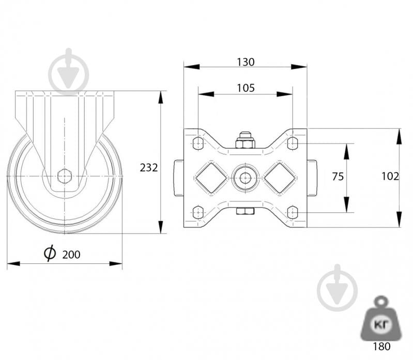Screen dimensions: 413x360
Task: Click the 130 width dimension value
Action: click(x=246, y=62)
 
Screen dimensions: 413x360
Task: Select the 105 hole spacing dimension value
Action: click(x=246, y=88)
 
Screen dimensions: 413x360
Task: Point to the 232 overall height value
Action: click(x=148, y=168)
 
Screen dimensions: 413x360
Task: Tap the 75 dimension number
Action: click(x=338, y=177)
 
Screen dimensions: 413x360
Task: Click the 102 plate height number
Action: click(x=390, y=176)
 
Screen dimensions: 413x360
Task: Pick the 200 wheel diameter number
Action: click(x=71, y=255)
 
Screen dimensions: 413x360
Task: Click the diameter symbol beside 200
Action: click(x=50, y=253)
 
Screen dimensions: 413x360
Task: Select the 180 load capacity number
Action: click(x=381, y=347)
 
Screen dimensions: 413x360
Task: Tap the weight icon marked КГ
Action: click(x=381, y=319)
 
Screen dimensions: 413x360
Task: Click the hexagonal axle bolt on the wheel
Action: click(x=65, y=176)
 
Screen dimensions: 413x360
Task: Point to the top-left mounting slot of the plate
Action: click(x=198, y=143)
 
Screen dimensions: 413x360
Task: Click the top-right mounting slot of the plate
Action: click(x=293, y=143)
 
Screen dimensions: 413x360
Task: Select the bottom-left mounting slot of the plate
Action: click(x=198, y=212)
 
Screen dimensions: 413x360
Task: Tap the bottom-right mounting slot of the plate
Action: click(x=293, y=212)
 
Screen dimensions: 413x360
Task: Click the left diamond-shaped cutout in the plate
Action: click(x=211, y=178)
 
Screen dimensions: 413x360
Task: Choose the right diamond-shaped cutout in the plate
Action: click(x=280, y=178)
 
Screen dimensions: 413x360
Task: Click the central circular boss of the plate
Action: click(x=245, y=178)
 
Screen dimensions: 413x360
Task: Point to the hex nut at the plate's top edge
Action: click(x=245, y=140)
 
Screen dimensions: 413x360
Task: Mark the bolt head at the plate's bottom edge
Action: click(x=245, y=211)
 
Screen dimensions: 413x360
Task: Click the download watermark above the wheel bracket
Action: click(x=69, y=72)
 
